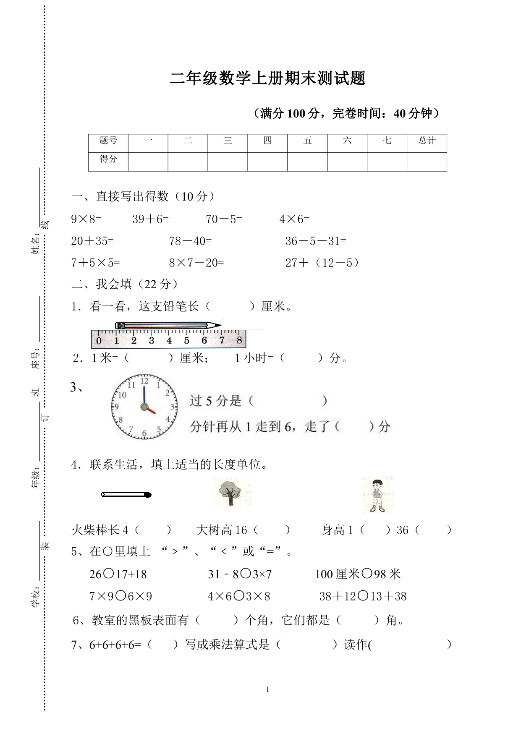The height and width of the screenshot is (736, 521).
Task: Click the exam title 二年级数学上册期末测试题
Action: (267, 78)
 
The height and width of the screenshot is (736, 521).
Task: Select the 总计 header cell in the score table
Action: (427, 141)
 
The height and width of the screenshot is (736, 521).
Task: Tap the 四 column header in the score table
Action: (267, 141)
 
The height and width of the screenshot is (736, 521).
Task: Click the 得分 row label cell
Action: (108, 159)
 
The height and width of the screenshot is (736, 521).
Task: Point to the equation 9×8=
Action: (86, 219)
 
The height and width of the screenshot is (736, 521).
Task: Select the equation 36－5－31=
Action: (316, 241)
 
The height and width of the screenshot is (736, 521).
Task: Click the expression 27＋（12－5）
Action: (322, 263)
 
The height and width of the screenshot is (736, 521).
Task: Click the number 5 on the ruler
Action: (186, 340)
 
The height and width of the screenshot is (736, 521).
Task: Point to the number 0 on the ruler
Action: (99, 340)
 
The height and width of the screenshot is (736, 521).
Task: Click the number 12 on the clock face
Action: (144, 381)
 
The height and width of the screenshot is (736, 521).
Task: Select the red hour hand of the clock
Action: (150, 410)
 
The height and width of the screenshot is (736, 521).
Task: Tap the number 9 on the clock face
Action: (116, 406)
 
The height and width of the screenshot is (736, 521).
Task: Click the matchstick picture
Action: (126, 495)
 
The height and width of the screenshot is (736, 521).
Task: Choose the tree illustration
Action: (230, 492)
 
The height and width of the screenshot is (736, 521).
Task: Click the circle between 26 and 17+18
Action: (109, 573)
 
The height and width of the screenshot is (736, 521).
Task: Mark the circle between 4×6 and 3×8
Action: (239, 595)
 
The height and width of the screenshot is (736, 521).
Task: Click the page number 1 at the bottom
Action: (267, 689)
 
